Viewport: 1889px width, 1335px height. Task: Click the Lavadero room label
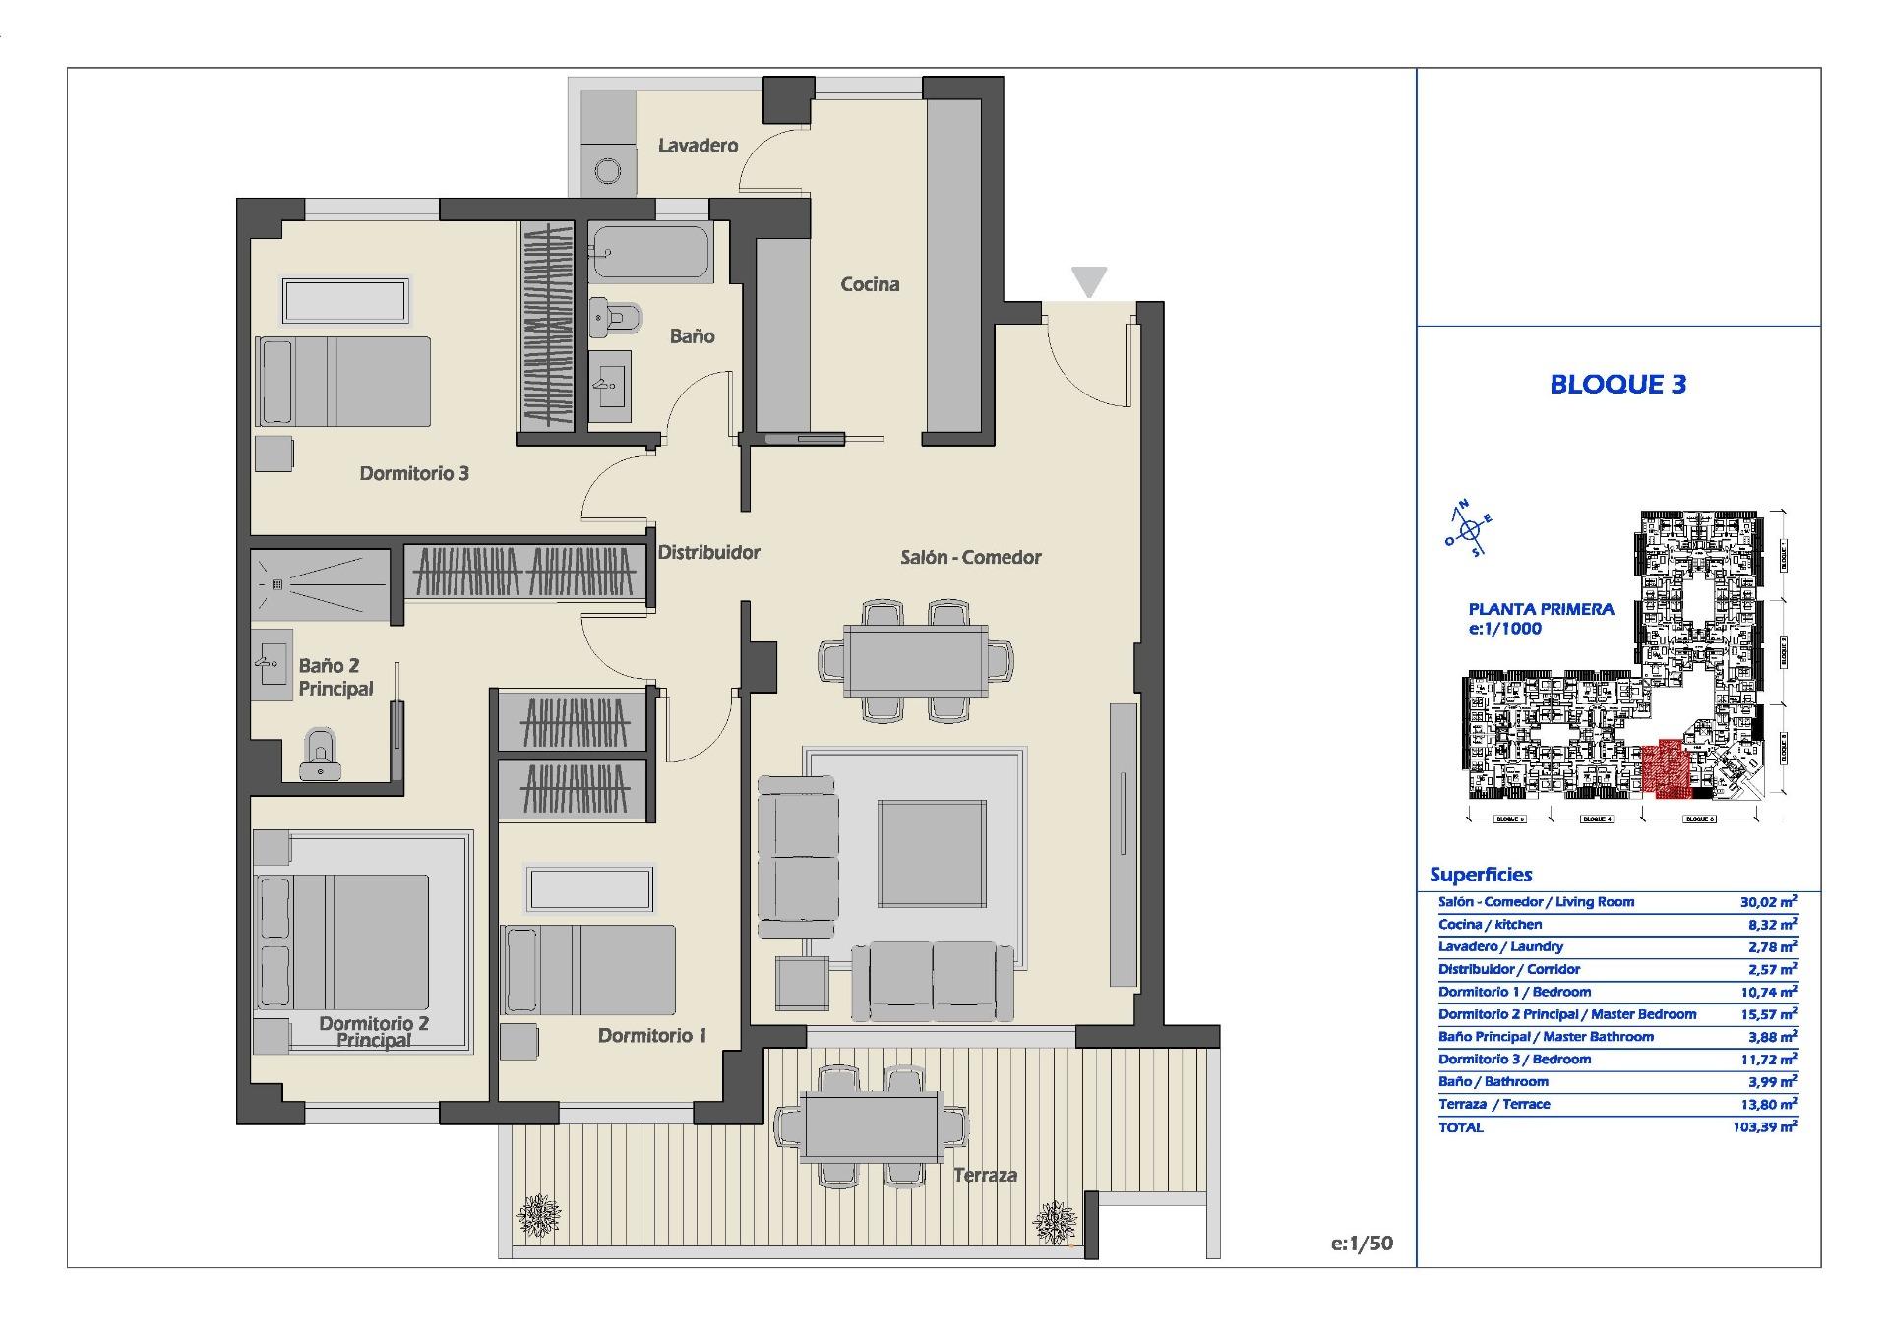[698, 146]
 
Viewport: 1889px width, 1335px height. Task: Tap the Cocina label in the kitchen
[870, 284]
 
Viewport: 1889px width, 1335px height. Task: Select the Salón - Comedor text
[970, 557]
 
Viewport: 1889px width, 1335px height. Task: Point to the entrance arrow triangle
[1089, 280]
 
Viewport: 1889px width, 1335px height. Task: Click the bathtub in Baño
[650, 253]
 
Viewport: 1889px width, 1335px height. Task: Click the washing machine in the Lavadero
[607, 172]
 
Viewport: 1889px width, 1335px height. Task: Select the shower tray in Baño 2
[320, 584]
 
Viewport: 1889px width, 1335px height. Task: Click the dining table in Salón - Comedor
[916, 660]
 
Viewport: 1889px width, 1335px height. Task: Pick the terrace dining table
[870, 1127]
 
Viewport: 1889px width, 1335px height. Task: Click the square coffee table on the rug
[932, 853]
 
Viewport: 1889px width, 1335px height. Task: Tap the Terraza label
[985, 1175]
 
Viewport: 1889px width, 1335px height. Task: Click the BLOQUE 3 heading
[1617, 384]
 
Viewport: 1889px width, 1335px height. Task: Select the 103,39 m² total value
[1765, 1127]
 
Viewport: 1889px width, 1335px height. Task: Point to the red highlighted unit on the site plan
[1664, 768]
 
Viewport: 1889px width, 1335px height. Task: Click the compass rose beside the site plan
[1469, 530]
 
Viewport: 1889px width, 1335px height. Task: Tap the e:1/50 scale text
[1362, 1244]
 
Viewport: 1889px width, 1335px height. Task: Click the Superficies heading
[1481, 875]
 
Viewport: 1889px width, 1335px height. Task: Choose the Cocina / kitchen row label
[1490, 924]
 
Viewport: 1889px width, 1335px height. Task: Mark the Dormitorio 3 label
[413, 473]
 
